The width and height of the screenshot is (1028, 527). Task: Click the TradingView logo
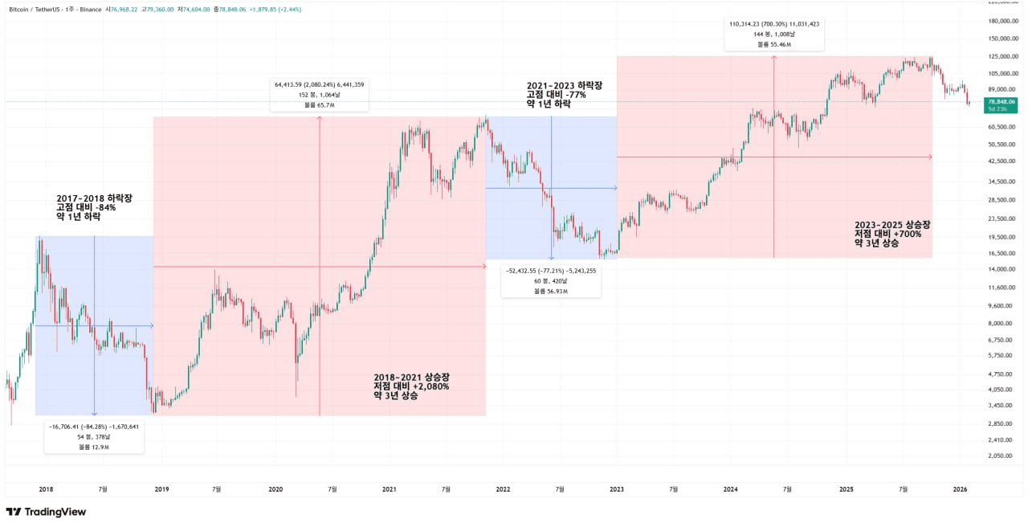click(x=46, y=512)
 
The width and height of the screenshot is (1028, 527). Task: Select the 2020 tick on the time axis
click(x=275, y=488)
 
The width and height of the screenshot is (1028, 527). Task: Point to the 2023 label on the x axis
click(x=617, y=488)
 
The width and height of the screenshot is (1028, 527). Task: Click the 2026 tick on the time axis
click(x=960, y=488)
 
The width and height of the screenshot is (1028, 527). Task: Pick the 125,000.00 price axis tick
click(x=999, y=56)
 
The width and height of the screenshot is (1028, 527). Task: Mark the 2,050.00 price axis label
click(x=999, y=456)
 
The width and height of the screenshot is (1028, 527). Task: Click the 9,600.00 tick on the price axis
click(x=999, y=305)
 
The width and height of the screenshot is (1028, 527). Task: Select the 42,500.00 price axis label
click(x=999, y=161)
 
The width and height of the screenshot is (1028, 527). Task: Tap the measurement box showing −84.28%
click(x=94, y=436)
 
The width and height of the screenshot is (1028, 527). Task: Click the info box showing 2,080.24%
click(x=320, y=94)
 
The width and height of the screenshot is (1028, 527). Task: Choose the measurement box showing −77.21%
click(x=551, y=280)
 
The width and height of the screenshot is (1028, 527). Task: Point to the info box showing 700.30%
click(x=774, y=35)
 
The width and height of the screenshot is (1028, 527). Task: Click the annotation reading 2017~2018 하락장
click(x=94, y=198)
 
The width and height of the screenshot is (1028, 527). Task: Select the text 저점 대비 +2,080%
click(x=411, y=386)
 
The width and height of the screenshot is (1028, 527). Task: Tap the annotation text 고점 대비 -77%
click(x=557, y=95)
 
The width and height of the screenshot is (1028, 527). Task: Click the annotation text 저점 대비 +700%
click(x=888, y=234)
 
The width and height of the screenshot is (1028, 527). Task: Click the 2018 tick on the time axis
click(x=46, y=488)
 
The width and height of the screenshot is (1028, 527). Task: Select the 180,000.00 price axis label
click(x=999, y=21)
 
